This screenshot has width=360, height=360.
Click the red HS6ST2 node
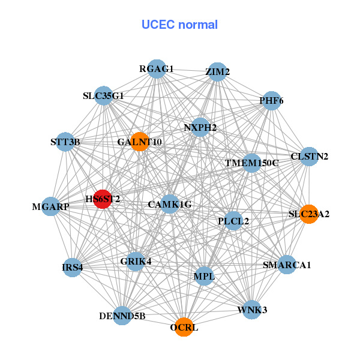pyautogui.click(x=103, y=199)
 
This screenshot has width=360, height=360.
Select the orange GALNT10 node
pyautogui.click(x=139, y=142)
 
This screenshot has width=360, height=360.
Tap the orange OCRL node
pyautogui.click(x=184, y=327)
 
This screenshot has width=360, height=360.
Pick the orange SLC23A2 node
pyautogui.click(x=308, y=214)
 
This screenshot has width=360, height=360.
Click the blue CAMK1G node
pyautogui.click(x=170, y=205)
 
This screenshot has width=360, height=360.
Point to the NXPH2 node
pyautogui.click(x=200, y=127)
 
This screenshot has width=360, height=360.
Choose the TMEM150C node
pyautogui.click(x=251, y=163)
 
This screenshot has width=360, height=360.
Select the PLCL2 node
pyautogui.click(x=233, y=221)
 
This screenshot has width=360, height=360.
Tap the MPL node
pyautogui.click(x=204, y=276)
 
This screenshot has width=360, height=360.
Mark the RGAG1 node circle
pyautogui.click(x=156, y=68)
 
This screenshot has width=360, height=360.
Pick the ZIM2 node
pyautogui.click(x=217, y=72)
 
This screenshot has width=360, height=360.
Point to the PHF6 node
pyautogui.click(x=271, y=100)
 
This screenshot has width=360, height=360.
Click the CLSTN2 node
pyautogui.click(x=308, y=157)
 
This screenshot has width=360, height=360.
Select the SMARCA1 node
pyautogui.click(x=287, y=265)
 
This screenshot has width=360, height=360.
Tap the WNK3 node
pyautogui.click(x=252, y=310)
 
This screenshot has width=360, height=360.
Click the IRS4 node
pyautogui.click(x=73, y=268)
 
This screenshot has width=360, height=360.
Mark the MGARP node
pyautogui.click(x=52, y=206)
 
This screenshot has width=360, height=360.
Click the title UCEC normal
pyautogui.click(x=179, y=25)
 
